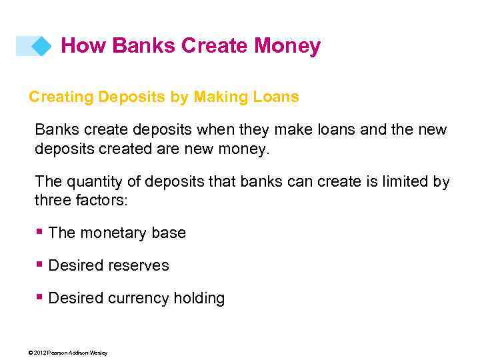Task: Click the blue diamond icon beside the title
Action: pyautogui.click(x=41, y=46)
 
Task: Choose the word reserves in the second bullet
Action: pyautogui.click(x=139, y=266)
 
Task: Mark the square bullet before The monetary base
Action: pyautogui.click(x=41, y=231)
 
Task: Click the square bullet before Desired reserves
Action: pyautogui.click(x=41, y=264)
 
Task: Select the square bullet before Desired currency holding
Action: pyautogui.click(x=41, y=297)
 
